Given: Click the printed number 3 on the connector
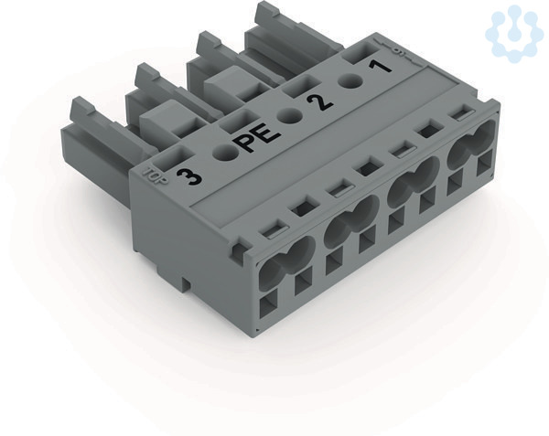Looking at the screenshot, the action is (189, 177).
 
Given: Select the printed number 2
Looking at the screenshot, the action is (319, 101).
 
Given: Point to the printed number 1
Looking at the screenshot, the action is (380, 66).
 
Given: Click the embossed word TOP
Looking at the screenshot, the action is (155, 175).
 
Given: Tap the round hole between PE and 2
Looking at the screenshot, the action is (289, 114).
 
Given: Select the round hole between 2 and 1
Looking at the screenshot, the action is (350, 81).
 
